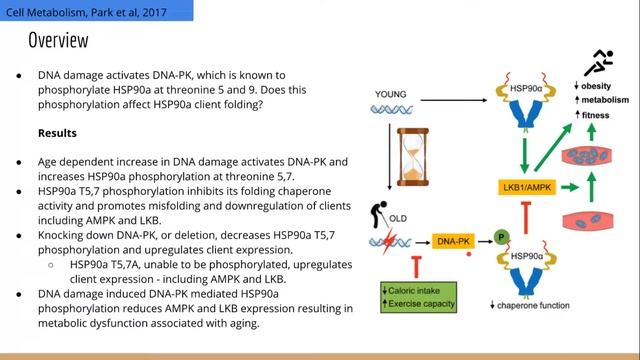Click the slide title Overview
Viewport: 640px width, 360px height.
pos(58,41)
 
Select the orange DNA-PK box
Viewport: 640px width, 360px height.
pos(454,241)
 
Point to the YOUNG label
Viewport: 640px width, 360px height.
pos(390,94)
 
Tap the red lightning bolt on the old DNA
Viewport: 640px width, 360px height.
pos(393,240)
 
